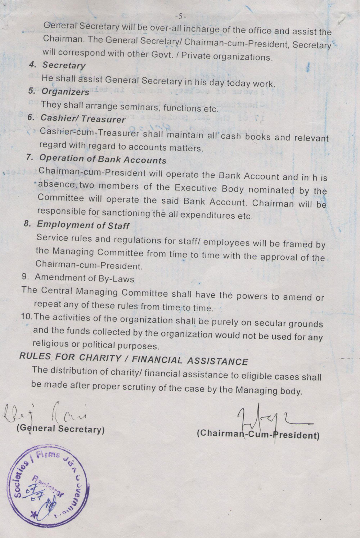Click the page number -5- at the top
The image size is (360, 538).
[179, 16]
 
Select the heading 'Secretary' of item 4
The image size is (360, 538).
[64, 65]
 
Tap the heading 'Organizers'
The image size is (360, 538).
[65, 91]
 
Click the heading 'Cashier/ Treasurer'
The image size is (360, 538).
[83, 118]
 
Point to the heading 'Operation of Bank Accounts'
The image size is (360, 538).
[103, 159]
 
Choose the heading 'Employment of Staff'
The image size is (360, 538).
[83, 225]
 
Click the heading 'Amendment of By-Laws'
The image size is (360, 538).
[84, 278]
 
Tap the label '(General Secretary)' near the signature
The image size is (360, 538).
[60, 429]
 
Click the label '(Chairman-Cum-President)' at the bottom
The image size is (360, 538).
[258, 434]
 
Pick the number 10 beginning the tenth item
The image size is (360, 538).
[26, 317]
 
